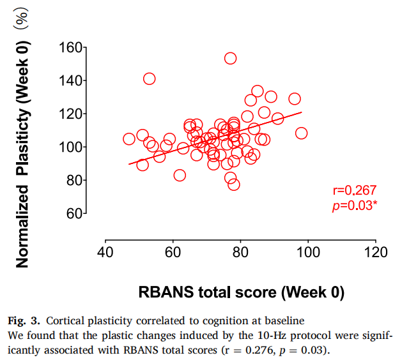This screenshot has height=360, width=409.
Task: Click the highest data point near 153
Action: point(230,59)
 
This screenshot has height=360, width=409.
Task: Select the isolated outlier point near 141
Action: point(149,79)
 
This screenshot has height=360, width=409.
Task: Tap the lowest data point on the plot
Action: point(234,184)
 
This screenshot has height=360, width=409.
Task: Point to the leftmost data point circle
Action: point(129,139)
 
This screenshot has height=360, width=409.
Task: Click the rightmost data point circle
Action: point(301,133)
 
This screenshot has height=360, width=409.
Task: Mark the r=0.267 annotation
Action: point(354,190)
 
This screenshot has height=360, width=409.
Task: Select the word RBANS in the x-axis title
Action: point(164,293)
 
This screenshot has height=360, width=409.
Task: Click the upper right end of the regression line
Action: point(300,113)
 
